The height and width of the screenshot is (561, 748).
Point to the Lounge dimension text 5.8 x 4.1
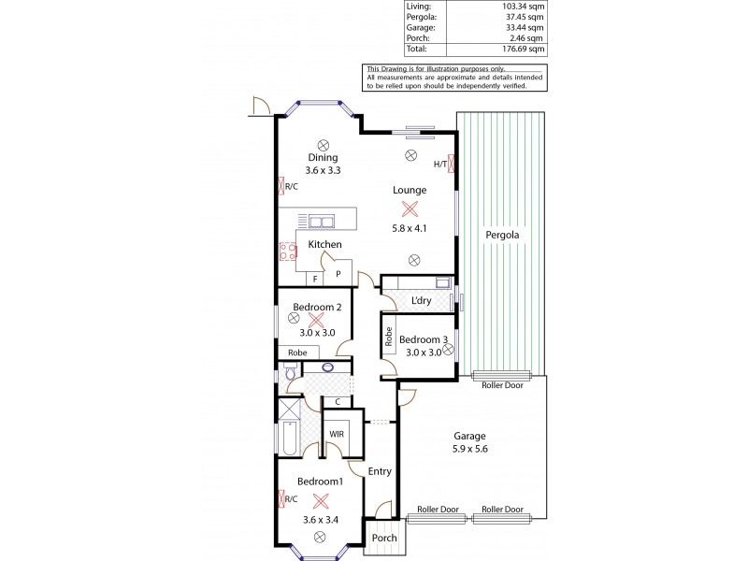(409, 228)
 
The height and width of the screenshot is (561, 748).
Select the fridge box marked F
(316, 278)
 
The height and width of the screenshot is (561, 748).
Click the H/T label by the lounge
(439, 165)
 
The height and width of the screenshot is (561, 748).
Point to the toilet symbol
(291, 374)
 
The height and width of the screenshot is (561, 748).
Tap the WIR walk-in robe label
(336, 434)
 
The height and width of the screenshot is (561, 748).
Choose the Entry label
(380, 471)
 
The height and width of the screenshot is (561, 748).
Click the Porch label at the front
(384, 538)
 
